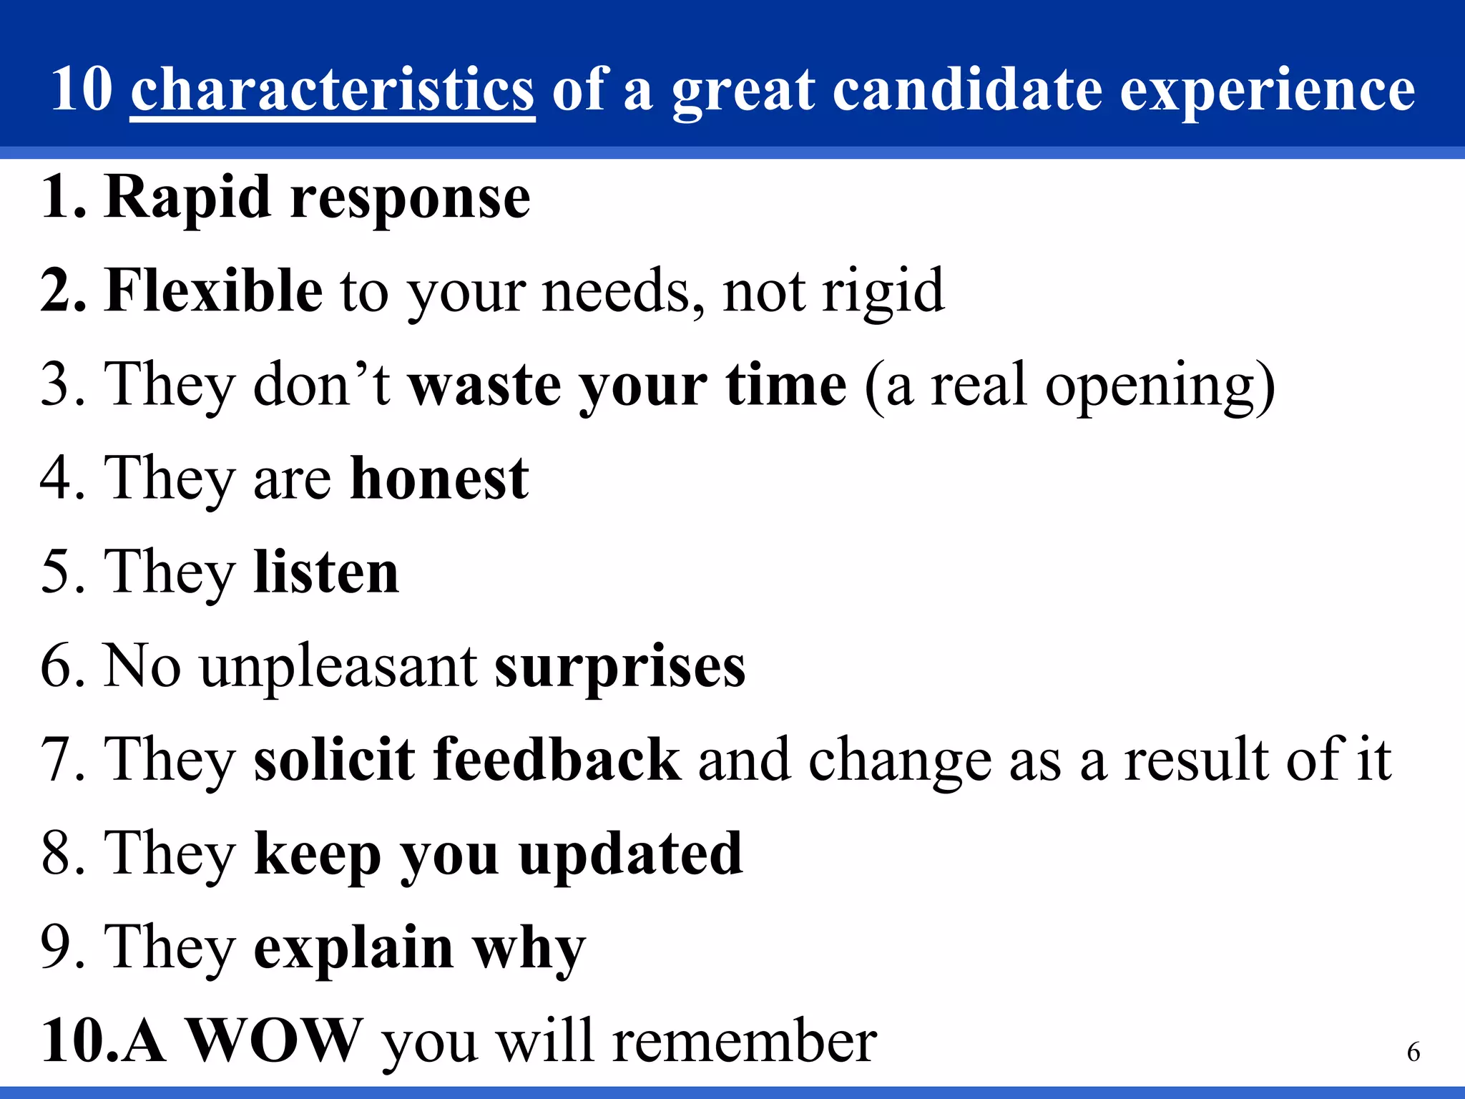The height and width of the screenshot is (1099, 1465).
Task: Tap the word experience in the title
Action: coord(1267,92)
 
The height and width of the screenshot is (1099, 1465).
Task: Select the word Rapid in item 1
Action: coord(187,198)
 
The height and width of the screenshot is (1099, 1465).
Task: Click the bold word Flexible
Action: coord(214,290)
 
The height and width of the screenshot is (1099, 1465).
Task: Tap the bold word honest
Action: coord(439,478)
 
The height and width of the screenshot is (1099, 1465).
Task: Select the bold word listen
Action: coord(326,572)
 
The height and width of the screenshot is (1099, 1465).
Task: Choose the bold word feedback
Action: coord(557,759)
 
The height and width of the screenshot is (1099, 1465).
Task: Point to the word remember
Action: coord(745,1042)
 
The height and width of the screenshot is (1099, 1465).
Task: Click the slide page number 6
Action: coord(1413,1052)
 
